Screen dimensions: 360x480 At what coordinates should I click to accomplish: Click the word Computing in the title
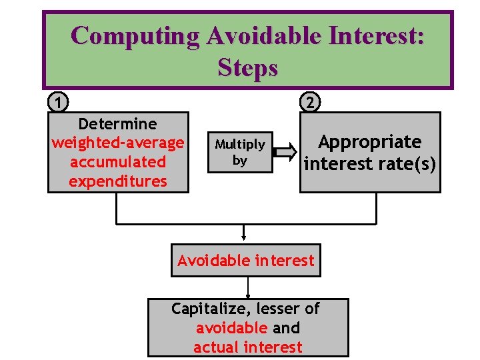coord(133,35)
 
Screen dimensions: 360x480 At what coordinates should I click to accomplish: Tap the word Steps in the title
coord(247,67)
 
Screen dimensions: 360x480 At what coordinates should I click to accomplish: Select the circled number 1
coord(59,102)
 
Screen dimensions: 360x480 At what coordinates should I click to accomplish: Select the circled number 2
coord(310,102)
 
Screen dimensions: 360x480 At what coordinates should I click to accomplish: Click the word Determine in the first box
coord(117,124)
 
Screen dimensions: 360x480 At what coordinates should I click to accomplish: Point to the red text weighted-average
coord(117,143)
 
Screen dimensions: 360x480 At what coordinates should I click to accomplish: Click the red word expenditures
coord(117,181)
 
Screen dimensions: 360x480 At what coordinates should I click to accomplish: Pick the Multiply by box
coord(239,152)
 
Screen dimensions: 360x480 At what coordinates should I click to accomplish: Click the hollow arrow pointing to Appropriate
coord(285,153)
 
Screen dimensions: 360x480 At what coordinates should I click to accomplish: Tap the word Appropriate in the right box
coord(369,142)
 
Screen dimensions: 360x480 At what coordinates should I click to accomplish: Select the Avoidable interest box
coord(245,260)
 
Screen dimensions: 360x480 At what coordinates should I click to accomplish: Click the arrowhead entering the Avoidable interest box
coord(245,235)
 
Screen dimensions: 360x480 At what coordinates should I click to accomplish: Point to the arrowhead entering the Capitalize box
coord(248,296)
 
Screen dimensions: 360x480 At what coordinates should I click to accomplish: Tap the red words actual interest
coord(247,347)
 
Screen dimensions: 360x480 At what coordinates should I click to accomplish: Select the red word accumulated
coord(117,162)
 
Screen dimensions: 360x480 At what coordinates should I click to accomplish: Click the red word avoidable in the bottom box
coord(231,328)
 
